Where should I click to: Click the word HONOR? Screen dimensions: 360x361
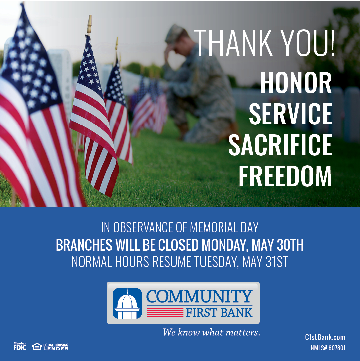296,82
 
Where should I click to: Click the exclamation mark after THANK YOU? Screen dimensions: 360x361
332,43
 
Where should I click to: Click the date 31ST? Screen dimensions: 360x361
277,262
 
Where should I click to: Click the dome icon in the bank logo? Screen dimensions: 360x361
127,303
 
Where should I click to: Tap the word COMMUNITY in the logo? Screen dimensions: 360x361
199,296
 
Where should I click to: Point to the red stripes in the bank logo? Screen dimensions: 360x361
165,312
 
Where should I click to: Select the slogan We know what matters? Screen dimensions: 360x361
212,332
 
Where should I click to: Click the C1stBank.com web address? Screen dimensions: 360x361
325,337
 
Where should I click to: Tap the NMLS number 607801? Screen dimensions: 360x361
337,348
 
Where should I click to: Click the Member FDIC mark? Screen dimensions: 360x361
20,346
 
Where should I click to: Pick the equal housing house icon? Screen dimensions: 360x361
37,346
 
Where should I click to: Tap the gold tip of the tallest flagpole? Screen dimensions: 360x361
89,24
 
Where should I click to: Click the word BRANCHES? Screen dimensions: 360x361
84,245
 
